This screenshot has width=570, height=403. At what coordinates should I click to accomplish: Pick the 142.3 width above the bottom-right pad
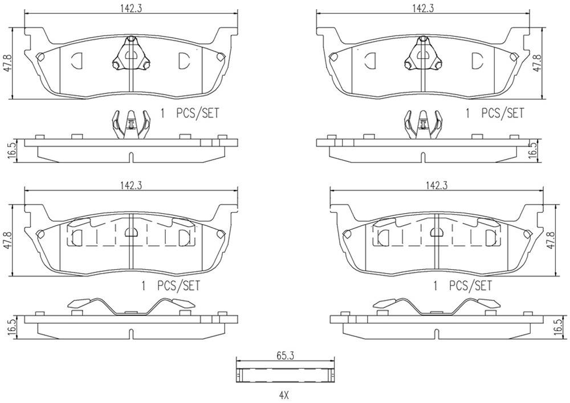click(435, 185)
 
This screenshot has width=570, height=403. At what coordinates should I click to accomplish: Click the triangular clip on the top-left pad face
click(131, 56)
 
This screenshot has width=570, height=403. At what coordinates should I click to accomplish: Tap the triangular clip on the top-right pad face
click(423, 56)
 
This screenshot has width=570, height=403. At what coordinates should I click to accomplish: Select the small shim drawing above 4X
click(285, 374)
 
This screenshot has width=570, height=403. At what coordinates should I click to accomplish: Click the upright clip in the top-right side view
click(423, 124)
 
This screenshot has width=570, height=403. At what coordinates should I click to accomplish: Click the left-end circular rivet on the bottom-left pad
click(40, 233)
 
